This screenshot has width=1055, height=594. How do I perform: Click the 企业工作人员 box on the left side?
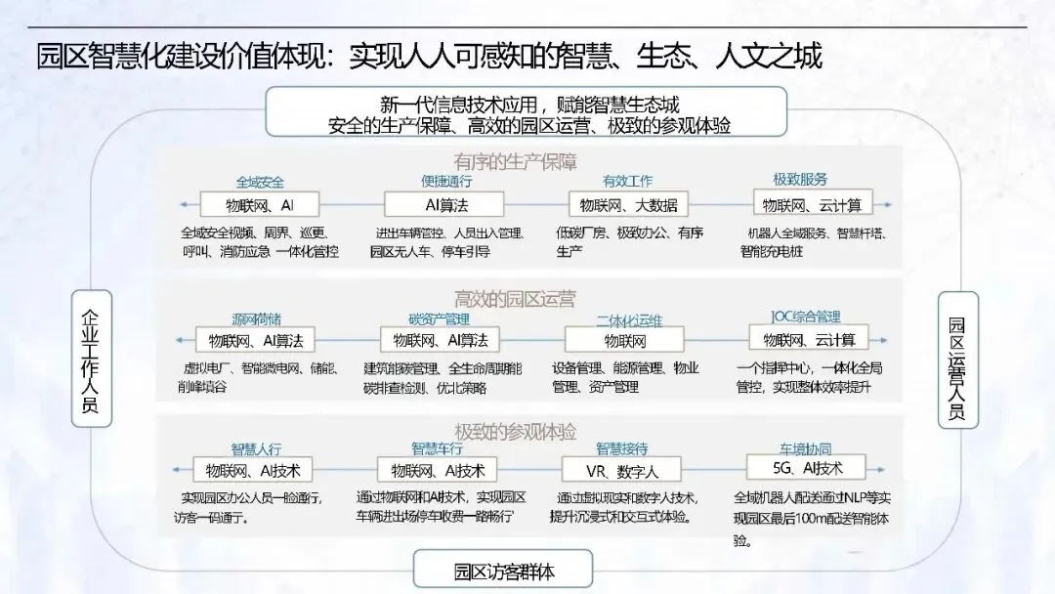pos(92,359)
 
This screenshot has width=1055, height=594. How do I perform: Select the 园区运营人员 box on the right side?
pos(958,359)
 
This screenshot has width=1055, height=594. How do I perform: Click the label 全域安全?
pos(259,182)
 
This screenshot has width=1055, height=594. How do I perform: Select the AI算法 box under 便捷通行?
pos(444,205)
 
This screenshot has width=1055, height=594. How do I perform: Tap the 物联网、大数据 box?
pos(628,205)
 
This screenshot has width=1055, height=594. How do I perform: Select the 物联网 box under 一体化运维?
pos(625,340)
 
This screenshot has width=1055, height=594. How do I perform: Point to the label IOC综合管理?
pos(806,317)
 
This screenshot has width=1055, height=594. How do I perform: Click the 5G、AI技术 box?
pos(808,466)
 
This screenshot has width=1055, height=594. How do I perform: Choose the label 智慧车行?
pos(437,449)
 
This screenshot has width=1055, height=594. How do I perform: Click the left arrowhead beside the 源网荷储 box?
pos(181,340)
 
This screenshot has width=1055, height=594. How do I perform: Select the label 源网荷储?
pos(256,318)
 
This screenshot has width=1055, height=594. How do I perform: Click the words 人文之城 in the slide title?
pos(771,55)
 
